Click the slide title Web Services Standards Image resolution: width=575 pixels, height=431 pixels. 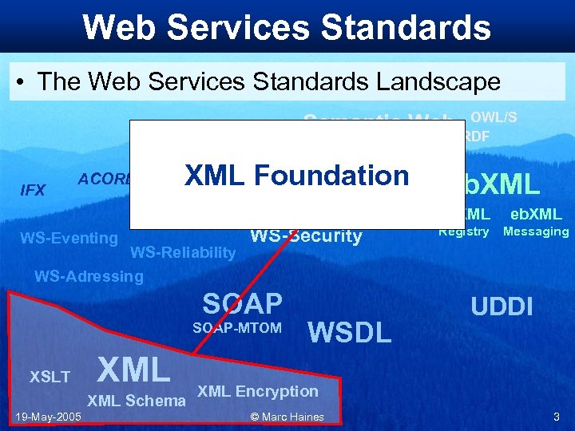(287, 27)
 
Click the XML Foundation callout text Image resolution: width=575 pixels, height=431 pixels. (296, 176)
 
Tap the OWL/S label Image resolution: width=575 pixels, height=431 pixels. (494, 117)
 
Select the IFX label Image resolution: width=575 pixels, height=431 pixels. (33, 190)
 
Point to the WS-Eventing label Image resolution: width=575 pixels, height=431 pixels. (69, 237)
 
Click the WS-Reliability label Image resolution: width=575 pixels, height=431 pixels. (183, 254)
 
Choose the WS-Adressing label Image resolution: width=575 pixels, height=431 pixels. (89, 277)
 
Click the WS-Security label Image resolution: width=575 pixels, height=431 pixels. (306, 236)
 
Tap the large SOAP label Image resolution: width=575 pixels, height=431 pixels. (242, 303)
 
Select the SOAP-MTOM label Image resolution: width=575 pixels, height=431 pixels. (236, 328)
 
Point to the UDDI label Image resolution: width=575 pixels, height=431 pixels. (502, 306)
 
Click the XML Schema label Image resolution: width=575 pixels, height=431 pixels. (136, 401)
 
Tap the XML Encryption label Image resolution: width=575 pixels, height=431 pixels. (257, 391)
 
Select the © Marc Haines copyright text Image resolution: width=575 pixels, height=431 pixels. (287, 417)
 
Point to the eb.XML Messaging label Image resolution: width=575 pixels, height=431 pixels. (536, 223)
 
